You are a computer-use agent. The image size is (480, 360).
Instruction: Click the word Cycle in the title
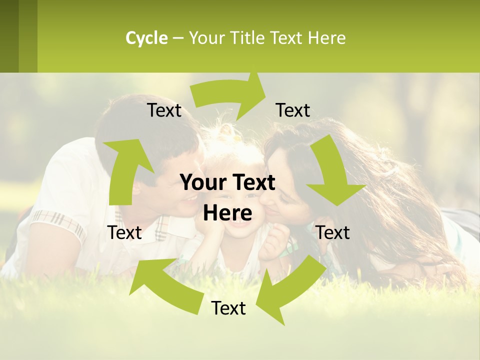point(146,38)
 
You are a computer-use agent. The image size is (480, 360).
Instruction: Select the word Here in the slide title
point(326,38)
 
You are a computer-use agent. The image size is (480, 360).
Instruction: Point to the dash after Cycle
point(178,38)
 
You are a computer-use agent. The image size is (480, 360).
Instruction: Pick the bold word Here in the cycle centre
point(227,213)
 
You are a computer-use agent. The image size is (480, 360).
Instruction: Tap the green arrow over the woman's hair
point(333,173)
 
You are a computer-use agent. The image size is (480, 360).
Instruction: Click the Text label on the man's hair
point(164,110)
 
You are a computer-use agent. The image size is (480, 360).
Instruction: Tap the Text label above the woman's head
point(293,110)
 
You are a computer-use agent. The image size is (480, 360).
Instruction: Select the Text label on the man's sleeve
point(124,232)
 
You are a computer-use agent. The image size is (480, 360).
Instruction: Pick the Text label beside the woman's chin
point(333,232)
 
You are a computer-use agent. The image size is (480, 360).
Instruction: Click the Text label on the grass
point(228,308)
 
